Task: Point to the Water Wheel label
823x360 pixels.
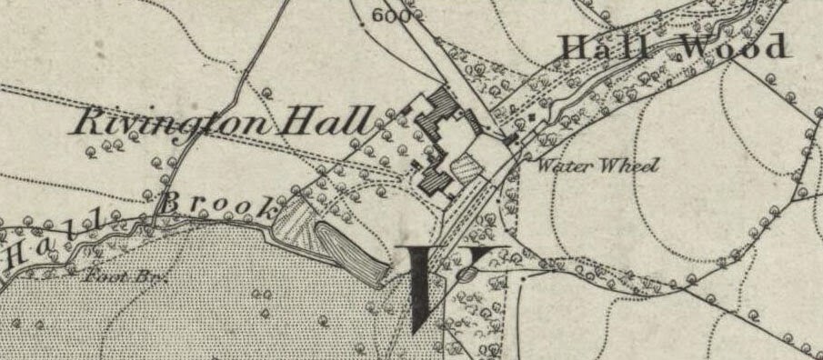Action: pyautogui.click(x=596, y=165)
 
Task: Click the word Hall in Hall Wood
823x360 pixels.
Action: pyautogui.click(x=605, y=46)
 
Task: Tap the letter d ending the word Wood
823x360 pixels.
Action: pyautogui.click(x=776, y=46)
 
